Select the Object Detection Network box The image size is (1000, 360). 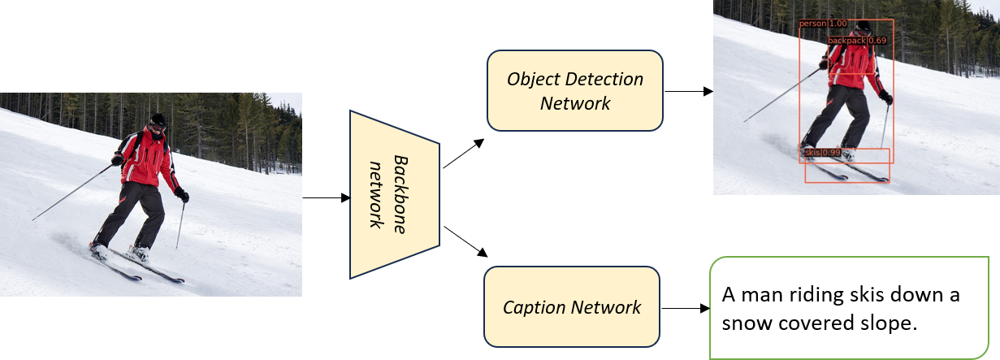pyautogui.click(x=575, y=90)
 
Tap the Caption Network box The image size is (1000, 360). pyautogui.click(x=572, y=307)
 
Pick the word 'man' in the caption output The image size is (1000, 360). pyautogui.click(x=768, y=294)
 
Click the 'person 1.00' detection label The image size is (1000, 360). pyautogui.click(x=823, y=24)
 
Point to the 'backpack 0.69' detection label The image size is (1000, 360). pyautogui.click(x=856, y=40)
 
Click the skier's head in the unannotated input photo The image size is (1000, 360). pyautogui.click(x=156, y=122)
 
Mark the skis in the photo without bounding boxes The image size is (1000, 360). pyautogui.click(x=138, y=264)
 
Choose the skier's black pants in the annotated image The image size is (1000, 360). pyautogui.click(x=837, y=114)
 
